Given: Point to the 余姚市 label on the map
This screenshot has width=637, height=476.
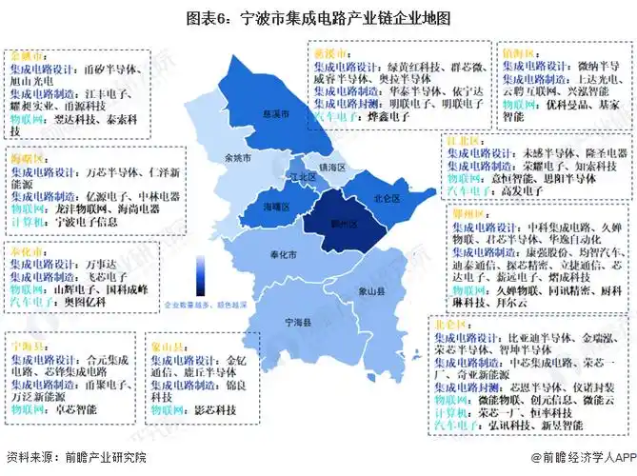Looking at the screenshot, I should pos(232,157).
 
